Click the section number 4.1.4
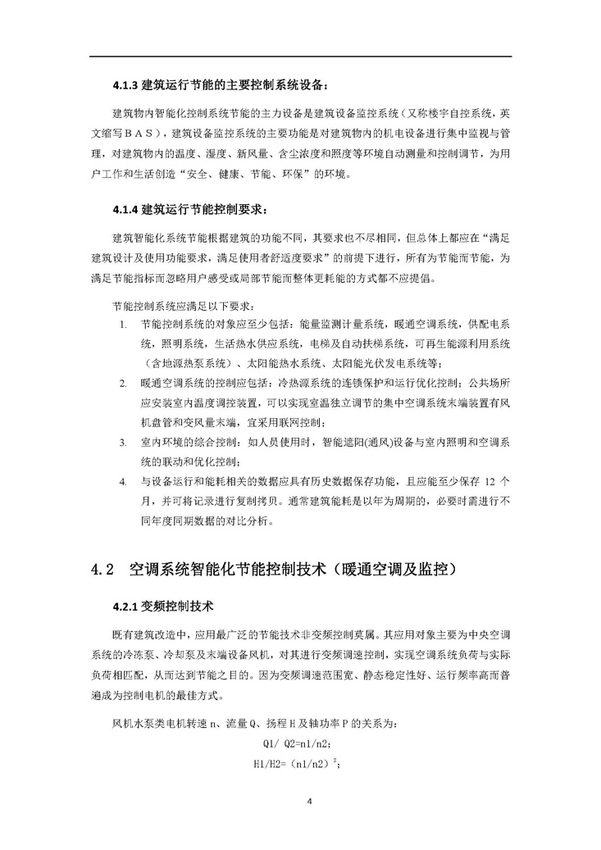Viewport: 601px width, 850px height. (x=126, y=209)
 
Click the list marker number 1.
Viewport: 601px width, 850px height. (x=124, y=325)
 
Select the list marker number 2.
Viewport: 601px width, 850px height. (x=124, y=383)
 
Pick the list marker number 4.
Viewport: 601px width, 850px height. (x=124, y=480)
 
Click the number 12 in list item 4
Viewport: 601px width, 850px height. (x=489, y=480)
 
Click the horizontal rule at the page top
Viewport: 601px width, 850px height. (x=301, y=56)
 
